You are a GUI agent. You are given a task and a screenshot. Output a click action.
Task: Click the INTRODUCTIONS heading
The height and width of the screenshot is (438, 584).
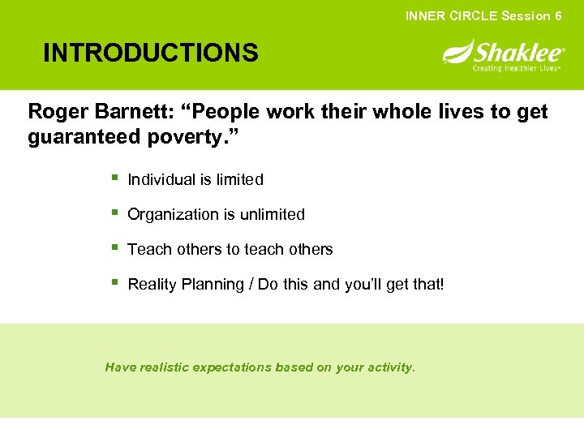(x=151, y=54)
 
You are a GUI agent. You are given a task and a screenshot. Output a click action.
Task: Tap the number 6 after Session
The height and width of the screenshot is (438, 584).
(x=558, y=16)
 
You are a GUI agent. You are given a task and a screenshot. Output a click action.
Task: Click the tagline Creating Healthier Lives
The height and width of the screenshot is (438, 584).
(x=517, y=68)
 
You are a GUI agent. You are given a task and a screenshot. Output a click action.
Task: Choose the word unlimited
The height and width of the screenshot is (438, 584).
(x=272, y=215)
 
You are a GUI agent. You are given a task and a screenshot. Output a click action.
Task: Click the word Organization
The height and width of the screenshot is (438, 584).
(x=173, y=215)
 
